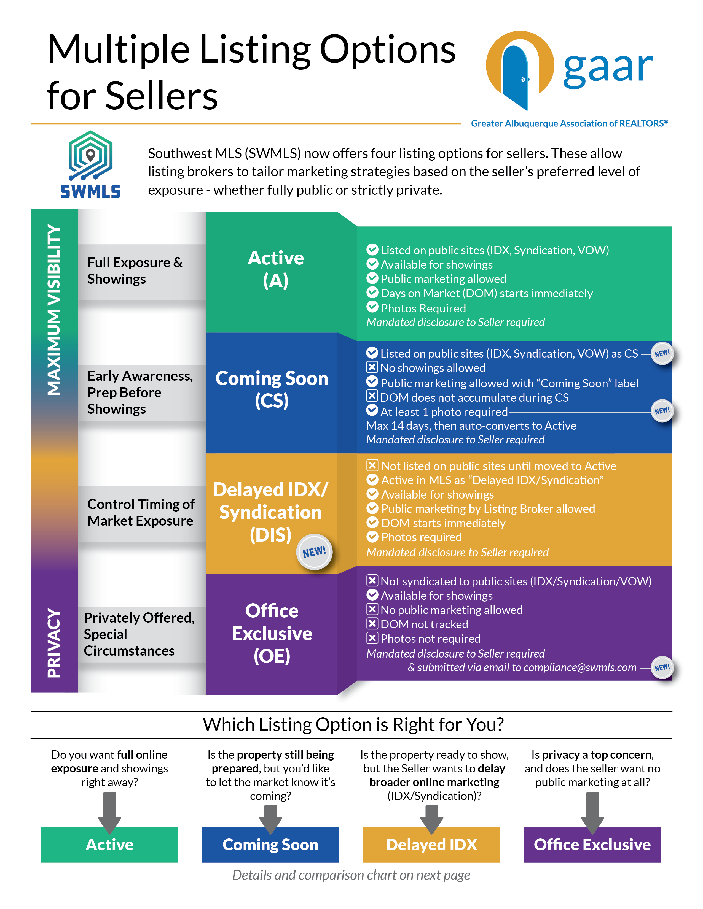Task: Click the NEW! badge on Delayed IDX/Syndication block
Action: click(315, 552)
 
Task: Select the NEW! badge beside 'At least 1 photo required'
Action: click(662, 411)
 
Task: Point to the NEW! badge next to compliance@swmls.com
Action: click(662, 668)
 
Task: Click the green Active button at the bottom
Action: click(109, 845)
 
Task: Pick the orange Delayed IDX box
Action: click(431, 845)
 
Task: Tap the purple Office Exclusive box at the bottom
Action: click(592, 845)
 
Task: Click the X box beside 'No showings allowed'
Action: click(372, 367)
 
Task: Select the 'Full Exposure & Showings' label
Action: click(135, 270)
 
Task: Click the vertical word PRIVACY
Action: click(54, 643)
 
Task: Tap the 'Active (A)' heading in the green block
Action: click(276, 269)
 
